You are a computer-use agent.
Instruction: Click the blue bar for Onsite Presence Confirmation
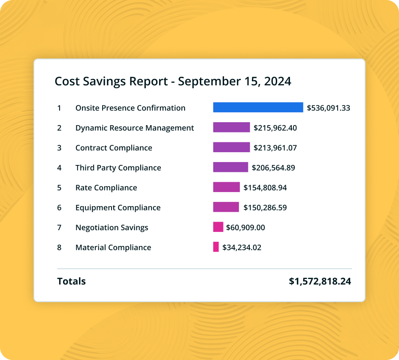point(258,108)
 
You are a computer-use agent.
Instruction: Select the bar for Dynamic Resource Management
point(231,128)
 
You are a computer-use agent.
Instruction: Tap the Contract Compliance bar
point(231,147)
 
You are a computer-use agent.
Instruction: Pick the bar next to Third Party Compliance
point(230,168)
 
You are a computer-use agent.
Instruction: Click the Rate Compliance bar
point(226,187)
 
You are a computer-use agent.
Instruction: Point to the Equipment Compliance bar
point(226,207)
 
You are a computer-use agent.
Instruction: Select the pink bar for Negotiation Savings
point(218,227)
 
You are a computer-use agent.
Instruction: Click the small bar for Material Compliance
point(216,247)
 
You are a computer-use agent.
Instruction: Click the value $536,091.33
point(328,108)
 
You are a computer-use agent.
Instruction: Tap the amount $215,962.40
point(275,128)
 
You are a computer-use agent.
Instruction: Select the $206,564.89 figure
point(273,168)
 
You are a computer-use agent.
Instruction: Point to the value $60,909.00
point(245,228)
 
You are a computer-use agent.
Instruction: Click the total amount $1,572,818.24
point(320,282)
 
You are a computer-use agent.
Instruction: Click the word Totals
point(71,282)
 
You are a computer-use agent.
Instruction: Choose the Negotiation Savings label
point(112,228)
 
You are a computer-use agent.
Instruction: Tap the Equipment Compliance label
point(118,207)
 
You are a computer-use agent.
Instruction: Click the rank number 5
point(59,188)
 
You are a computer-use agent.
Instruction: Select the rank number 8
point(59,247)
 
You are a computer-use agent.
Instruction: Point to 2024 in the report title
point(278,81)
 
